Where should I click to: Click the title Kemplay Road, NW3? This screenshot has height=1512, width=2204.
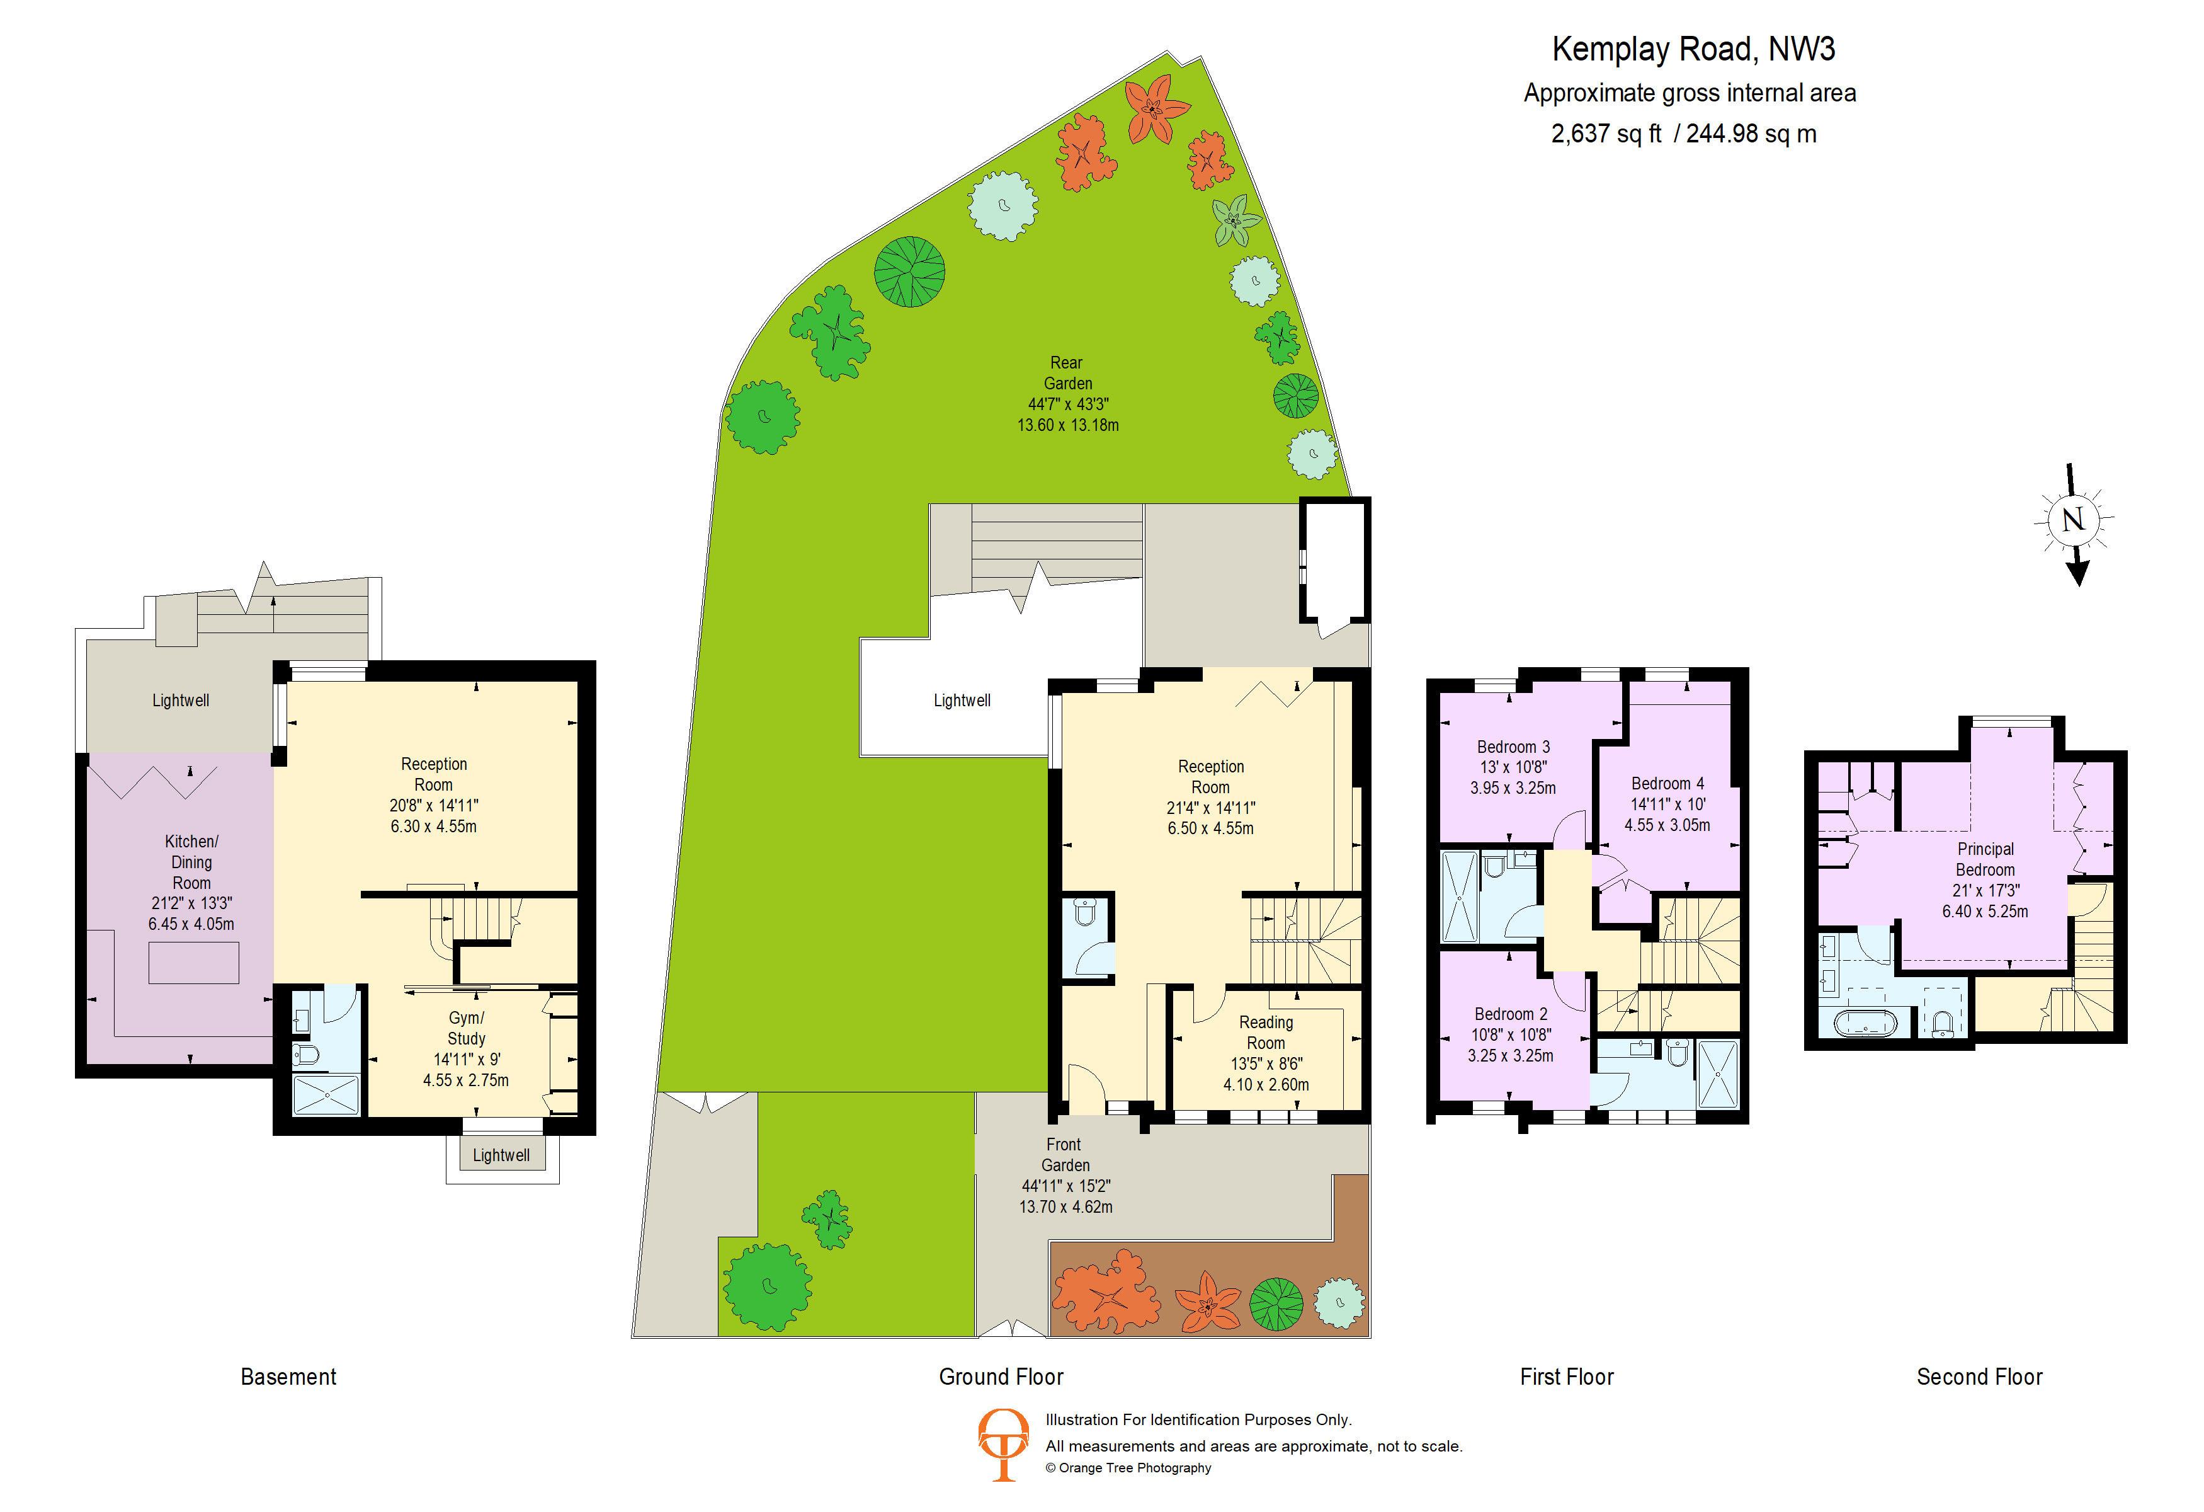coord(1693,49)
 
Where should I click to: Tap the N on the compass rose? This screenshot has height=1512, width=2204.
coord(2073,519)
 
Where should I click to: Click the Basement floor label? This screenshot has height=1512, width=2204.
coord(288,1377)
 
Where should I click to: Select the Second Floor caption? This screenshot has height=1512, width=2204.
coord(1979,1377)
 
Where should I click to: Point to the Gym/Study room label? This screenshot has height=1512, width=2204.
coord(465,1028)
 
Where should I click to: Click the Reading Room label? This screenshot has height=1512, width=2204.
coord(1266,1032)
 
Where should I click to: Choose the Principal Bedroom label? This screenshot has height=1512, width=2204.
coord(1985,859)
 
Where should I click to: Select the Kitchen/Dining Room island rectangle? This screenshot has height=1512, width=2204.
coord(193,963)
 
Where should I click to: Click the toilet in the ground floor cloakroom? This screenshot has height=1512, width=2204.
coord(1086,912)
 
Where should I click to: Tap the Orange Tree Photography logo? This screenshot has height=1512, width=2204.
coord(1003,1445)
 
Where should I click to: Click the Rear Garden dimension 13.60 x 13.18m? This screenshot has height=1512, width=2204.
coord(1068,425)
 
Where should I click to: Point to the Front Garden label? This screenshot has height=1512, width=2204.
coord(1065,1154)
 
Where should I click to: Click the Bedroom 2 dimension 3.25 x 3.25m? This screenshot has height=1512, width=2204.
coord(1511,1056)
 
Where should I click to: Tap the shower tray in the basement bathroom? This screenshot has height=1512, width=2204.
coord(326,1096)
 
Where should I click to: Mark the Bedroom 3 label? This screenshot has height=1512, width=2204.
coord(1513,747)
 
